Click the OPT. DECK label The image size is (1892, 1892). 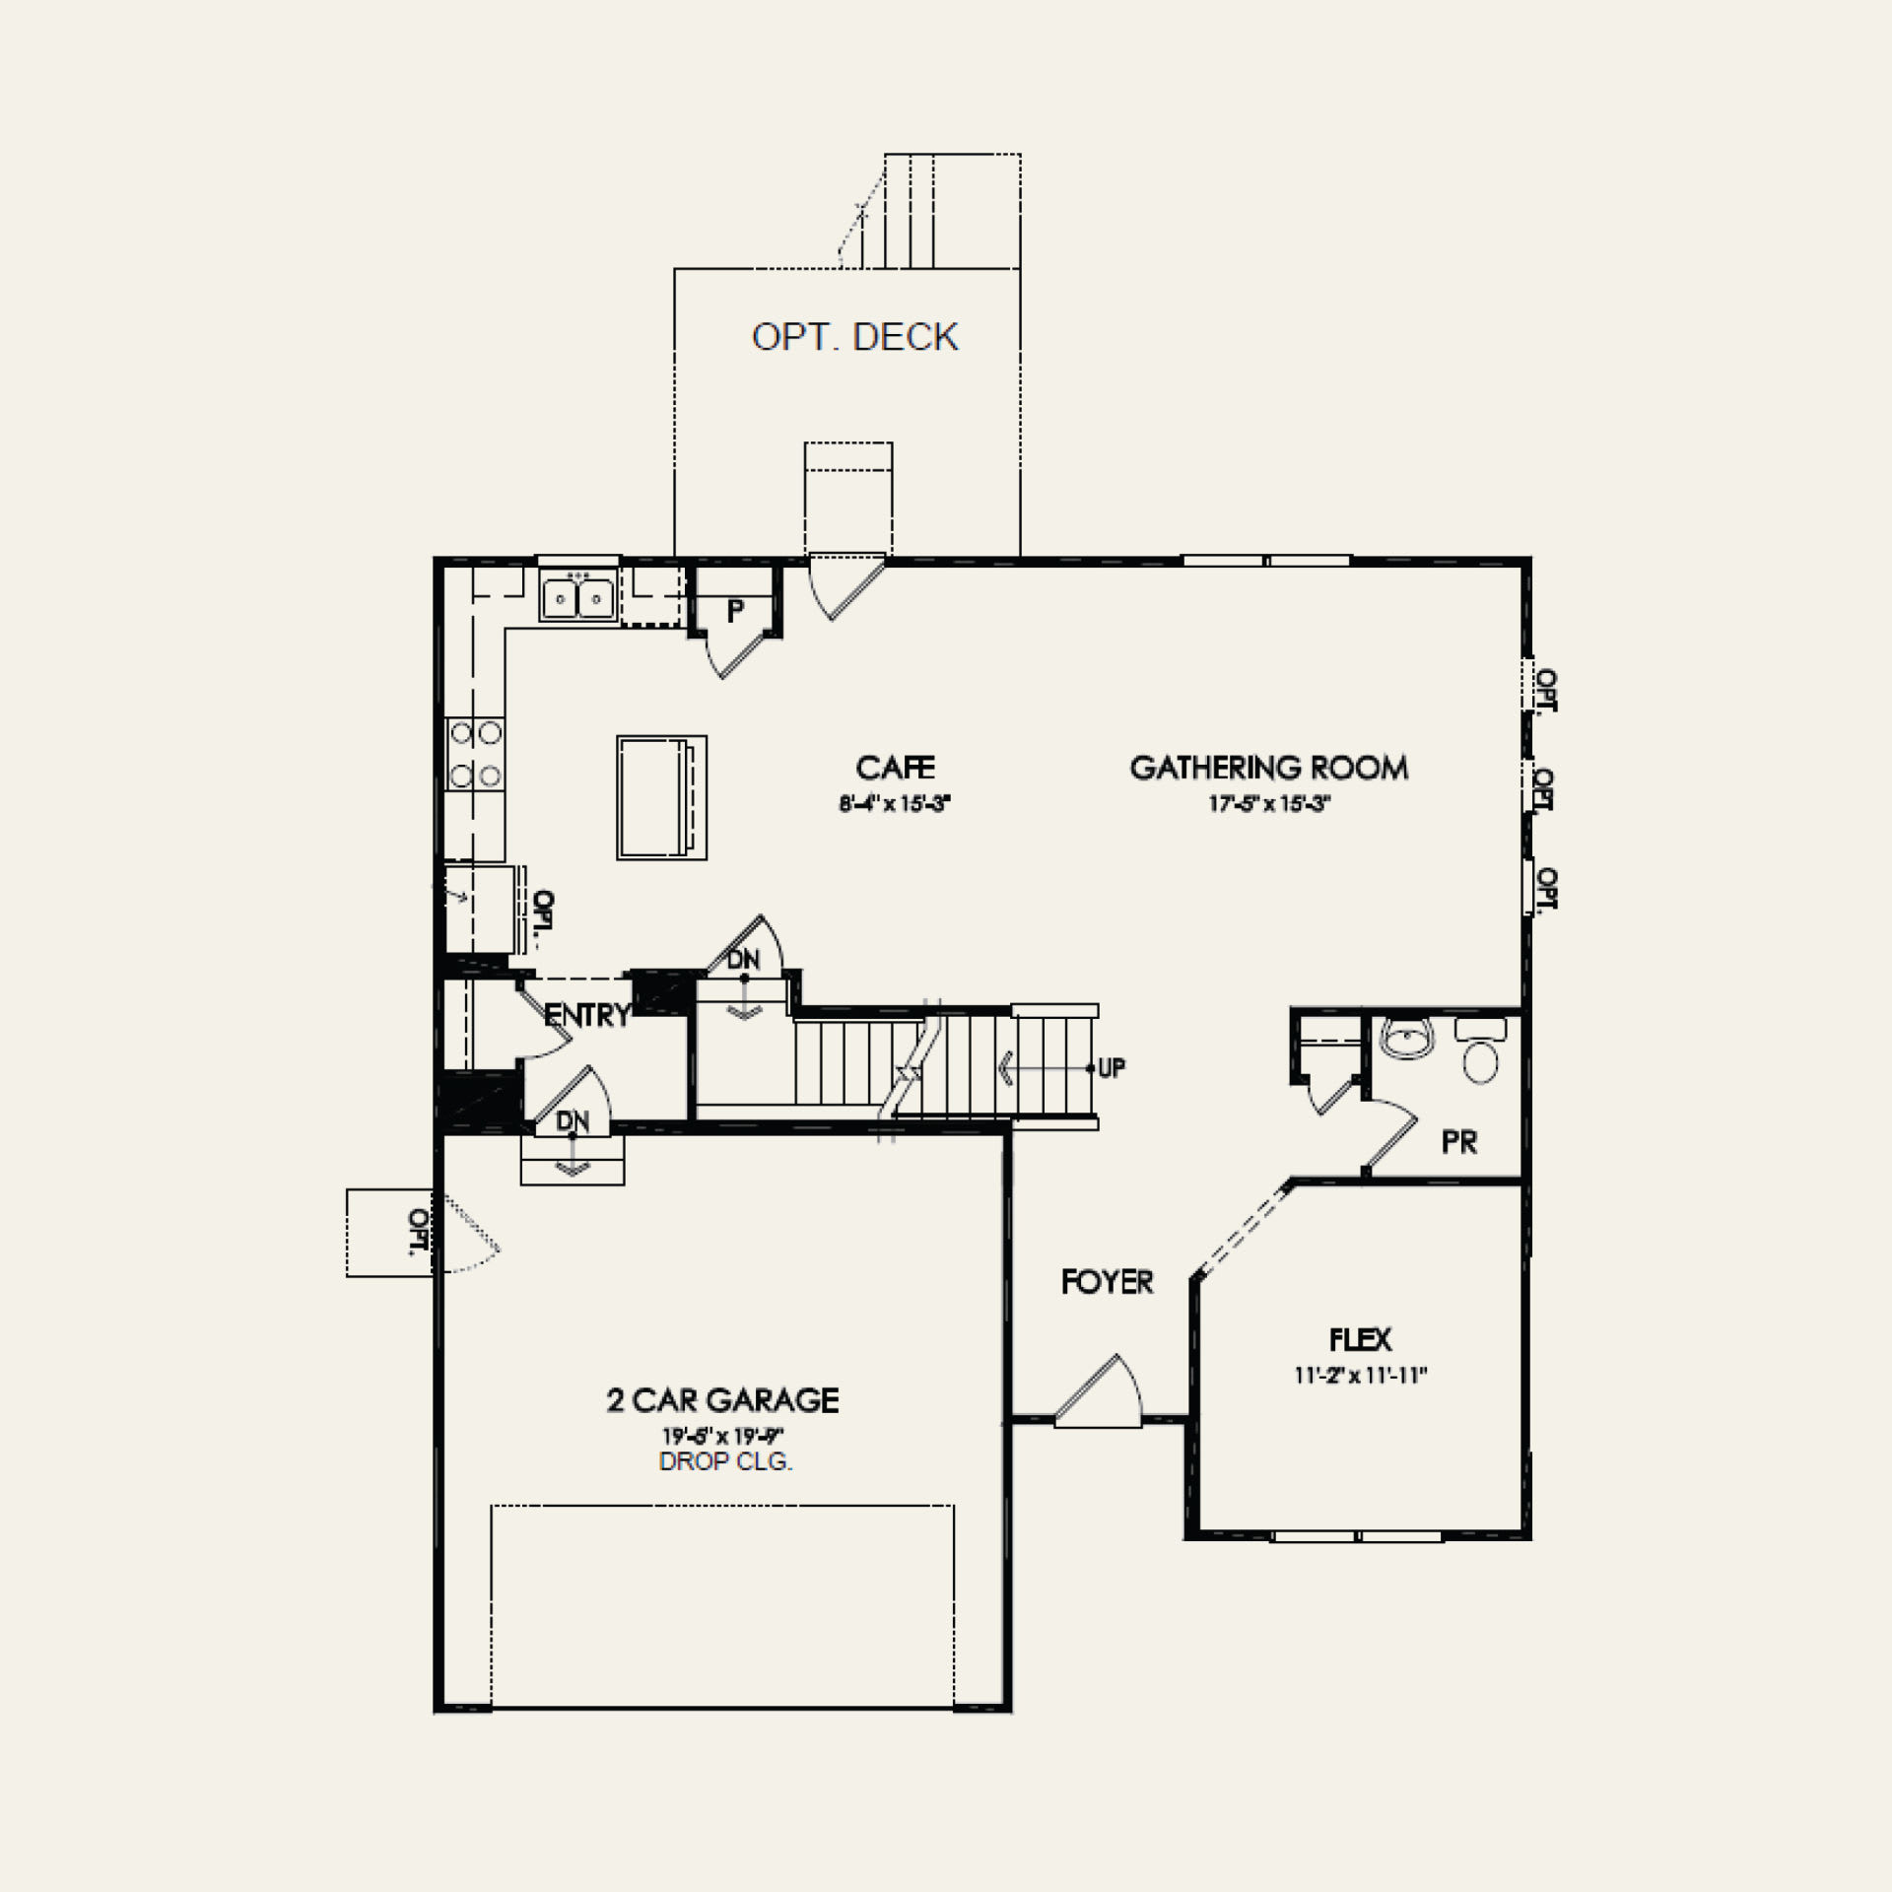click(854, 337)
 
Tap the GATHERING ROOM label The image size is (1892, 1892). click(1269, 768)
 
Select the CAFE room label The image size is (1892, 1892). click(895, 768)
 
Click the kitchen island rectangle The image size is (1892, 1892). click(661, 797)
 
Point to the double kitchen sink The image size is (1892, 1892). click(577, 597)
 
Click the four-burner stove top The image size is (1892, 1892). click(475, 754)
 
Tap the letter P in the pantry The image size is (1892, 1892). click(735, 611)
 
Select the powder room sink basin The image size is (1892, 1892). click(1407, 1041)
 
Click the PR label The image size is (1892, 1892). click(1459, 1142)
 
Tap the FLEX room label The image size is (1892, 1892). click(1361, 1339)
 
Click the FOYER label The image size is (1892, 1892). click(1108, 1281)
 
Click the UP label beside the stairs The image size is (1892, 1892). click(1112, 1068)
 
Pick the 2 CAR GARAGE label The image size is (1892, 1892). click(722, 1400)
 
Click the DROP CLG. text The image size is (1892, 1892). click(725, 1461)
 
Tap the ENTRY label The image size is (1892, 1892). click(587, 1015)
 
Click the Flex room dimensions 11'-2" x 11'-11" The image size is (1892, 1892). click(1361, 1376)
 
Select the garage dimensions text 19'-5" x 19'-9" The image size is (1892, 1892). click(722, 1436)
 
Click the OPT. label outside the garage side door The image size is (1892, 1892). click(418, 1232)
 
